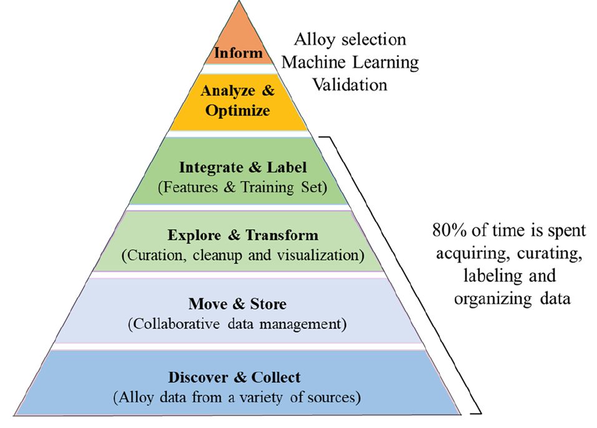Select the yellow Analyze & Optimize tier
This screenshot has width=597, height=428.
(238, 101)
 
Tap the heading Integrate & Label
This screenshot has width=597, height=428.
(243, 167)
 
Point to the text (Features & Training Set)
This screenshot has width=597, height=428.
(243, 187)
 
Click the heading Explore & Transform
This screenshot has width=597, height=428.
(243, 236)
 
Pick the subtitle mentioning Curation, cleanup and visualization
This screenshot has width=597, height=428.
(243, 256)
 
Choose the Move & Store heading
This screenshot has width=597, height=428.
(237, 304)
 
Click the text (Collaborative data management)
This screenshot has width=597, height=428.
(237, 324)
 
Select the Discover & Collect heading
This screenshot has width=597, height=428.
(234, 377)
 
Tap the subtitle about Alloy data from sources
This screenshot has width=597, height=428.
(237, 397)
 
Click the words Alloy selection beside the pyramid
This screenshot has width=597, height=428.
(350, 40)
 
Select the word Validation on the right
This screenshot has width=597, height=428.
(350, 84)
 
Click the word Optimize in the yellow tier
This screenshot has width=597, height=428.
(238, 111)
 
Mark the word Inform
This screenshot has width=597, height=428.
(238, 52)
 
